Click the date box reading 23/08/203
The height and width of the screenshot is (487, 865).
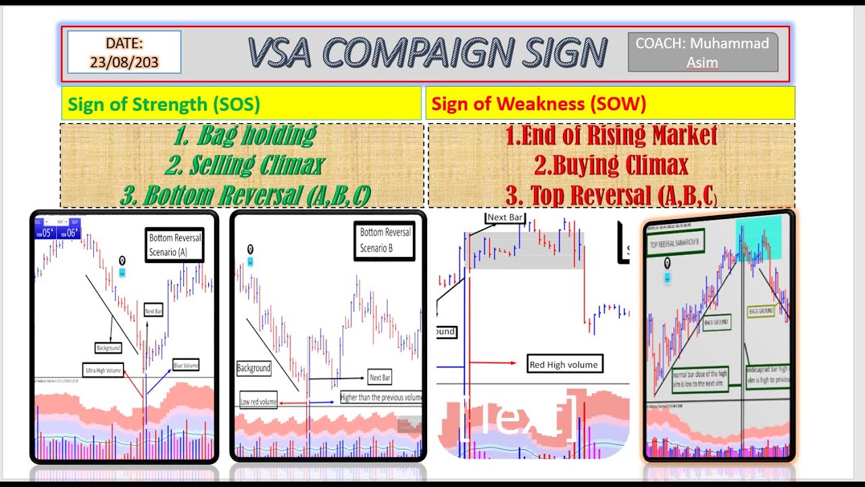tap(124, 52)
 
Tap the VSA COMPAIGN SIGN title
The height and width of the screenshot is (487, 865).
tap(427, 53)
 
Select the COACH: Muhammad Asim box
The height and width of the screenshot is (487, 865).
tap(703, 53)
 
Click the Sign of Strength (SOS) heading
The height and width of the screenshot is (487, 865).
tap(164, 104)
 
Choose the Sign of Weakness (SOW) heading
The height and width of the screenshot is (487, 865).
tap(539, 104)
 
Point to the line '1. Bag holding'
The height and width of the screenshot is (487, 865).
tap(244, 135)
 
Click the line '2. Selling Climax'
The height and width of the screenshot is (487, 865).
tap(244, 165)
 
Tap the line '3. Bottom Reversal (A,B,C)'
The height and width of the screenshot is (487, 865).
tap(245, 195)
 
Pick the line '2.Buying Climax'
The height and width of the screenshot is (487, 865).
tap(611, 165)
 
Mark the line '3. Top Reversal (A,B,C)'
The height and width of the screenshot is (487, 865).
tap(611, 195)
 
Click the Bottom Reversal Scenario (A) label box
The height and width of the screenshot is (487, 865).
tap(175, 246)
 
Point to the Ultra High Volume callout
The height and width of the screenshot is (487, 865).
tap(103, 371)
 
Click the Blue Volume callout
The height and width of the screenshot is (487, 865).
tap(186, 365)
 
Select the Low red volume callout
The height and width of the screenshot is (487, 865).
tap(258, 402)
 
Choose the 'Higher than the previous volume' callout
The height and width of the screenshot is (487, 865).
tap(380, 398)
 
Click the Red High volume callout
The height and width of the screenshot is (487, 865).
tap(563, 365)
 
